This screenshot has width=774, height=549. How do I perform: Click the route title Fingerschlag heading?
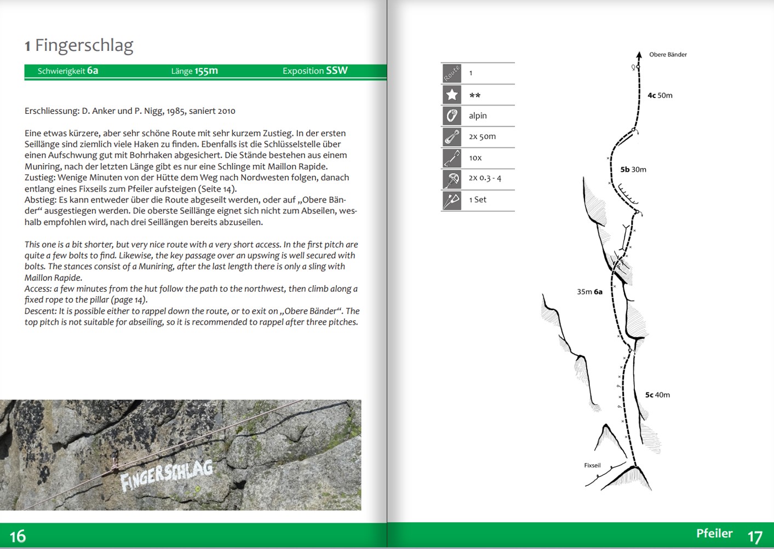[84, 45]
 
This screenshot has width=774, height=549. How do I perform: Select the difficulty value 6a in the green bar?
[93, 71]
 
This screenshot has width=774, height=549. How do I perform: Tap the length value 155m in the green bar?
[206, 71]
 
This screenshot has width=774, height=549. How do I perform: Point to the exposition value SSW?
[337, 70]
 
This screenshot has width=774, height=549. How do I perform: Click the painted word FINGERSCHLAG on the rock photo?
[167, 474]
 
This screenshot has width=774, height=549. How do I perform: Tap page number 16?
[18, 536]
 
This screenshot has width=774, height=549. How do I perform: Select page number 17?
[755, 536]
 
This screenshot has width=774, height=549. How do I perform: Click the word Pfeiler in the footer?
[714, 533]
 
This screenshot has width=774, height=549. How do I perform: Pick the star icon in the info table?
[452, 95]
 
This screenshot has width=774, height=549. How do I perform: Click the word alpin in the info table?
[478, 115]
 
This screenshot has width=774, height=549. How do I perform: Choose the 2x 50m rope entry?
[482, 136]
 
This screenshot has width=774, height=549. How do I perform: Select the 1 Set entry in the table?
[478, 200]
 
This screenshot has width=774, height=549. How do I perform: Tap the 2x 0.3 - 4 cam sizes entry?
[485, 178]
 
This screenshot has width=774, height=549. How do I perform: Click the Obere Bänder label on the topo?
[668, 55]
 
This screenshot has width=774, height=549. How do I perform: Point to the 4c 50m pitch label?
[660, 95]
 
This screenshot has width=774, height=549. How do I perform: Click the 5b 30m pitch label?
[633, 170]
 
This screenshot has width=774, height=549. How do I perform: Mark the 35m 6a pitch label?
[589, 292]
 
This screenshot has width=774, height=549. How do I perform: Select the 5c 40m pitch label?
[657, 395]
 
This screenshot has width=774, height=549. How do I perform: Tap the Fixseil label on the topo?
[592, 465]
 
